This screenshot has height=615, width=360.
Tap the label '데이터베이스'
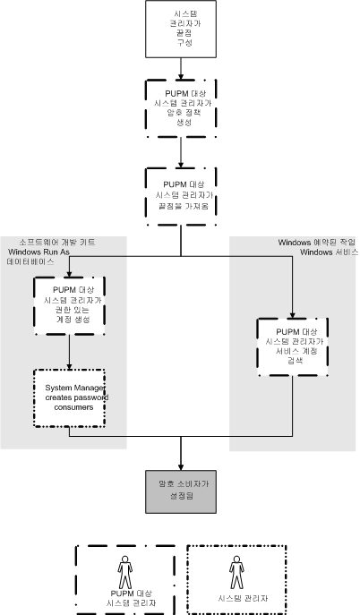coord(44,264)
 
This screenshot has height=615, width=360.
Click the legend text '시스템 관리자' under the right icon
coord(236,595)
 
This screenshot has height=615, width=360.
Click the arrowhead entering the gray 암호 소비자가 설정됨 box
coord(181,466)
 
